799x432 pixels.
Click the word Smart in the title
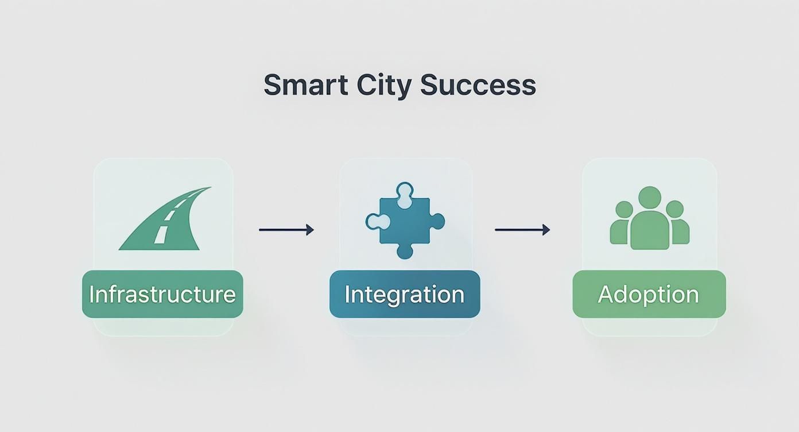click(305, 85)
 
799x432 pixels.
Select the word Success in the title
click(478, 85)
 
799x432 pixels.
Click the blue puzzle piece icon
click(405, 221)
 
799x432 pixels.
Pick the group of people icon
click(649, 218)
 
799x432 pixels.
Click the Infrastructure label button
click(162, 294)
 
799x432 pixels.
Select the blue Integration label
click(405, 294)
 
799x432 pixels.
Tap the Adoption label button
click(649, 294)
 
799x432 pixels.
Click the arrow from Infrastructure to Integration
click(286, 230)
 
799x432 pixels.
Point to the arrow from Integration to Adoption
click(522, 230)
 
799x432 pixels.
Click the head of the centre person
click(650, 198)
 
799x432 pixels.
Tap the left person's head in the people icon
click(624, 209)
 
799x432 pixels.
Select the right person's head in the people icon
click(674, 209)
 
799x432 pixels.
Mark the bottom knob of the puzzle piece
click(405, 250)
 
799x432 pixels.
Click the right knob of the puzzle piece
click(437, 221)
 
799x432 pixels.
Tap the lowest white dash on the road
click(161, 234)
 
